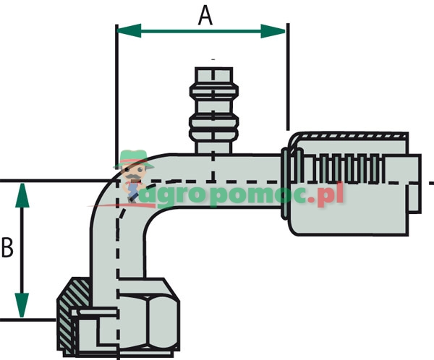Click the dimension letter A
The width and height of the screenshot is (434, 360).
pyautogui.click(x=205, y=16)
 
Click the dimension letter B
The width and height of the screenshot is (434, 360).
pyautogui.click(x=8, y=248)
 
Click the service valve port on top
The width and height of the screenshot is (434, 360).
pyautogui.click(x=213, y=108)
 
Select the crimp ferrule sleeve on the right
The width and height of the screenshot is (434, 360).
pyautogui.click(x=351, y=184)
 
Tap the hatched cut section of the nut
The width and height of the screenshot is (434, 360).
pyautogui.click(x=66, y=318)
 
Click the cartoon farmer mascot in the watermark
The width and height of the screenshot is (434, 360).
pyautogui.click(x=135, y=173)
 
